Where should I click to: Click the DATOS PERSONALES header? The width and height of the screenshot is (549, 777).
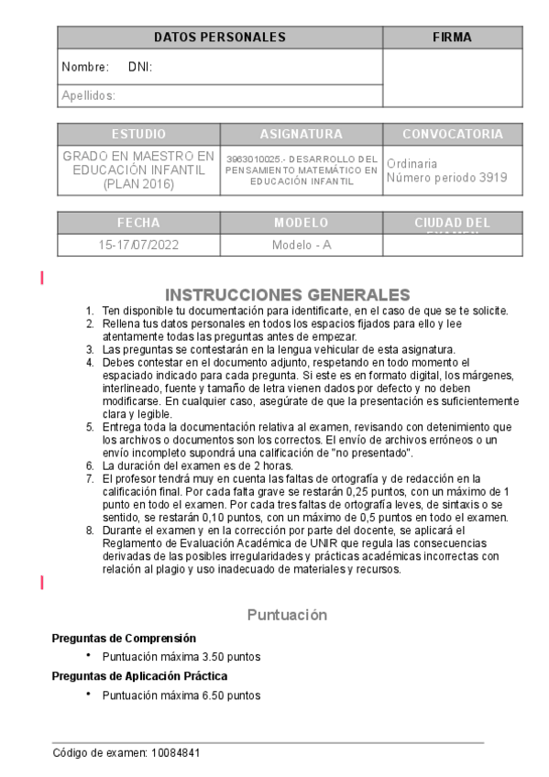tap(220, 38)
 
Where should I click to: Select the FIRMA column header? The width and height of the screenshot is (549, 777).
tap(452, 38)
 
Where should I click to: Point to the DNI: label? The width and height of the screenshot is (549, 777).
tap(140, 67)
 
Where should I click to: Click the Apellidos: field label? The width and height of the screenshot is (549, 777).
tap(88, 94)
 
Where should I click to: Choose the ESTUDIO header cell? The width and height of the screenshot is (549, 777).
tap(138, 134)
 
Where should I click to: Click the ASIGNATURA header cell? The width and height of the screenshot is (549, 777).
tap(301, 134)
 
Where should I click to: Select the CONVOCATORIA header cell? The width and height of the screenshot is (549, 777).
tap(453, 134)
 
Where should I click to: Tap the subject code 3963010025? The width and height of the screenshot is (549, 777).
tap(253, 159)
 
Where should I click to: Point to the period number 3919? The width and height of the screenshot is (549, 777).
tap(492, 178)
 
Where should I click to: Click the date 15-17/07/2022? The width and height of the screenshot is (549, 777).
tap(138, 246)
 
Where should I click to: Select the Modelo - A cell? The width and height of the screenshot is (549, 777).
tap(301, 246)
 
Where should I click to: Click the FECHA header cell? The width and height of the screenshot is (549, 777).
tap(138, 223)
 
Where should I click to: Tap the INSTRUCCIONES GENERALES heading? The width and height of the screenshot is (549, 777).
tap(288, 294)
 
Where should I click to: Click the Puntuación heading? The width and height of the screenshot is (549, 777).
tap(287, 615)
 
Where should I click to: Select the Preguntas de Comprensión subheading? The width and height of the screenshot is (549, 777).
tap(124, 638)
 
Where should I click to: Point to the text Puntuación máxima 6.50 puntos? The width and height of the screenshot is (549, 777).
tap(181, 695)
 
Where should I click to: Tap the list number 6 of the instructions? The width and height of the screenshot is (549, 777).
tap(90, 465)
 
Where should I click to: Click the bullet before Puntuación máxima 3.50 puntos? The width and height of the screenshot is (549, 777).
tap(88, 656)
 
